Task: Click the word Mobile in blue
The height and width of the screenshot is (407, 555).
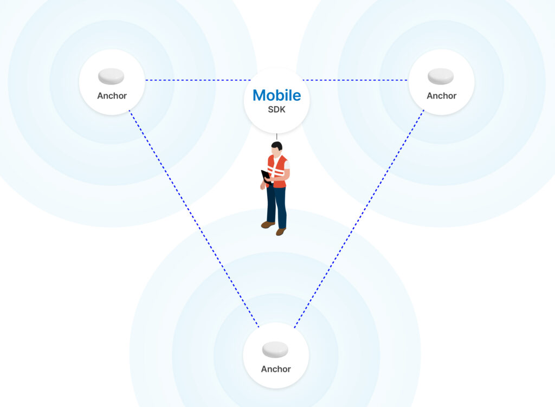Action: tap(277, 95)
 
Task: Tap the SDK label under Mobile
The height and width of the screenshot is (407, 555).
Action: tap(276, 109)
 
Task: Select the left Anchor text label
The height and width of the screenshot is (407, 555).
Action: tap(112, 95)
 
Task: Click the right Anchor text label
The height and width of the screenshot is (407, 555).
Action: tap(441, 95)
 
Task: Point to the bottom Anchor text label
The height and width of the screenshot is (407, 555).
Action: tap(276, 369)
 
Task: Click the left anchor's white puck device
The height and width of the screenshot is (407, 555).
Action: tap(111, 76)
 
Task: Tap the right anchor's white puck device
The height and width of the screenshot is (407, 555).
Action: tap(441, 76)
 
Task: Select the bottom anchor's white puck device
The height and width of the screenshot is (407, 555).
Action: tap(275, 350)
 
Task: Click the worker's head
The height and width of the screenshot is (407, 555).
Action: tap(276, 148)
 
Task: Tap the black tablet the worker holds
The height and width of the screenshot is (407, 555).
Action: tap(266, 176)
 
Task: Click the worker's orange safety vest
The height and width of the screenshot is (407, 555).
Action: tap(278, 172)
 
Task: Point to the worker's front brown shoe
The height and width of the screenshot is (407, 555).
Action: tap(281, 232)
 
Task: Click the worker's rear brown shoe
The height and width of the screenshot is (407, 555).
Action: tap(268, 224)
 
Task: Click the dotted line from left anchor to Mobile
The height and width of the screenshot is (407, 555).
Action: tap(198, 80)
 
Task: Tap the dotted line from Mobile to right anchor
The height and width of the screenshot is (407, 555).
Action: tap(355, 80)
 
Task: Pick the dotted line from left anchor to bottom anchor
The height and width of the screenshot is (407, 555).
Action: tap(193, 218)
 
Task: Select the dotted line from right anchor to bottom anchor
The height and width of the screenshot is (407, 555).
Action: tap(359, 218)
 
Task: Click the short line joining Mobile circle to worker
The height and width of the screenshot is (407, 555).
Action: tap(276, 137)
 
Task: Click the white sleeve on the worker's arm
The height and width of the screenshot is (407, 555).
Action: tap(287, 165)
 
